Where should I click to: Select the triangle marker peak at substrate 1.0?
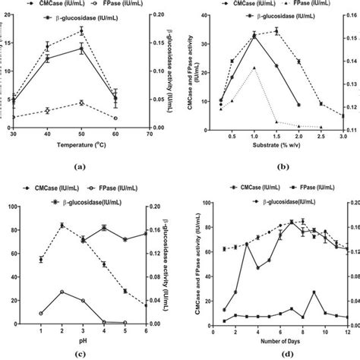click(x=254, y=68)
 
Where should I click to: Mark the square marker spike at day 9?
click(x=313, y=292)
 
